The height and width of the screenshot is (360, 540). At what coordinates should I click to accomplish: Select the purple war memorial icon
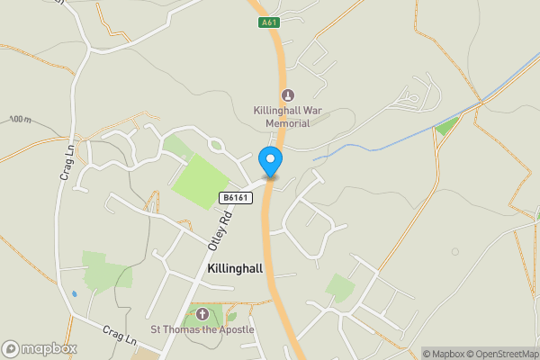click(x=288, y=95)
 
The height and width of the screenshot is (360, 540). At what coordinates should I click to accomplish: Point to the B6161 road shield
click(x=234, y=197)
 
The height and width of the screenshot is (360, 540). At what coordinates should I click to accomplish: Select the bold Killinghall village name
click(x=234, y=269)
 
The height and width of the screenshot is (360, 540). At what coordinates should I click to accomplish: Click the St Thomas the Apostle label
click(x=202, y=329)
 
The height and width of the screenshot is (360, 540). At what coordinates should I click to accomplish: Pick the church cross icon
click(x=202, y=314)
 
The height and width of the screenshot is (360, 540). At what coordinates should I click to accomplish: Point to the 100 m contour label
click(x=21, y=120)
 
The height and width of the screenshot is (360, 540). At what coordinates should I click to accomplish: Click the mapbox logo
click(x=40, y=348)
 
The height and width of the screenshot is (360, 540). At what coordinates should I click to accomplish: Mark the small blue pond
click(x=74, y=292)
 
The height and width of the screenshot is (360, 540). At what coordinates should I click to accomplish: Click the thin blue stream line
click(x=378, y=144)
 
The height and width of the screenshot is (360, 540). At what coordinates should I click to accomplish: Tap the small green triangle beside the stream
click(x=445, y=126)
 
